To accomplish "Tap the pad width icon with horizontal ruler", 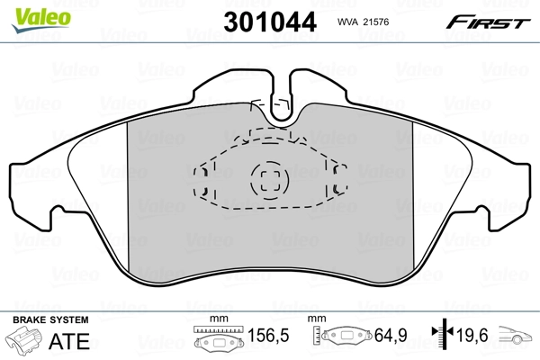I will [213, 341].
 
